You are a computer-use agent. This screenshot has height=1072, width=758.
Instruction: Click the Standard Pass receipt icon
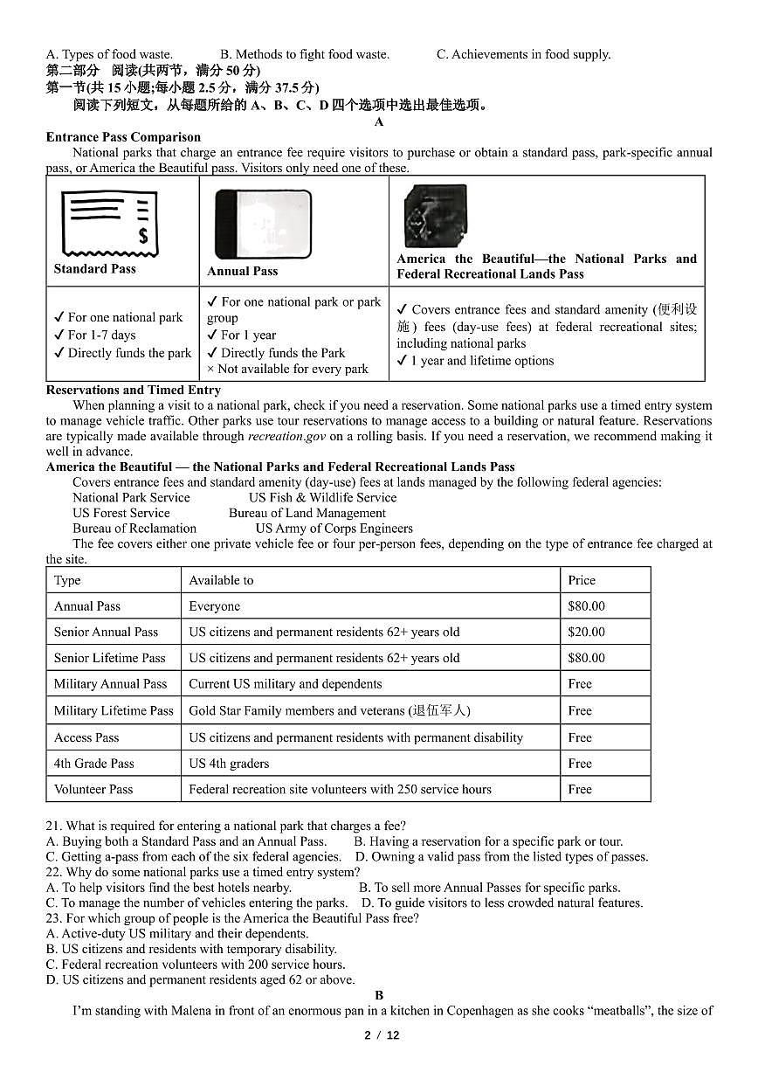(108, 222)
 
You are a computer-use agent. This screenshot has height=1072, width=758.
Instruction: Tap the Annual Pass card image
(263, 224)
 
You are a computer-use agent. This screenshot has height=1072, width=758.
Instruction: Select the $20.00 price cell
(586, 632)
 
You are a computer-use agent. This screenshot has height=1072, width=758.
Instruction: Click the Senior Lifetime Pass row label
(109, 658)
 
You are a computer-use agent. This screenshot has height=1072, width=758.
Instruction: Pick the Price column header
(582, 580)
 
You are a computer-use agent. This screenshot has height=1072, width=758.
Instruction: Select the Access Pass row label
(86, 737)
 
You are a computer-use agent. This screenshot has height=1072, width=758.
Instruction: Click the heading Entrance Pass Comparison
(123, 137)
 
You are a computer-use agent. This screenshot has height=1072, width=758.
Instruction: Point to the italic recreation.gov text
(287, 436)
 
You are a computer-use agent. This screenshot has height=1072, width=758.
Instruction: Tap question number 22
(54, 872)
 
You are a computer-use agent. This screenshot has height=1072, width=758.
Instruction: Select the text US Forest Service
(121, 514)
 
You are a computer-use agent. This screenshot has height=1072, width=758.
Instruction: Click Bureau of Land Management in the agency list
(307, 514)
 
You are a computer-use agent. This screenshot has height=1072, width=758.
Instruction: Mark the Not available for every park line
(287, 369)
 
